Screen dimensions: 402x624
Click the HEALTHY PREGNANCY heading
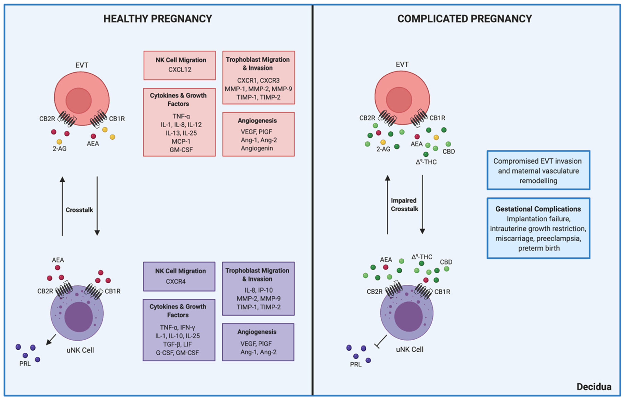click(x=158, y=19)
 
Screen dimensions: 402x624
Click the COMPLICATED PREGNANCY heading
click(x=464, y=19)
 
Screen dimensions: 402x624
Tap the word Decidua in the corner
click(x=594, y=386)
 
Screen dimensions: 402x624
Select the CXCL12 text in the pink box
click(x=180, y=70)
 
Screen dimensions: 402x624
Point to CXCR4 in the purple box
click(x=176, y=281)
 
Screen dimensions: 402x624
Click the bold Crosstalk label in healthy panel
click(x=79, y=210)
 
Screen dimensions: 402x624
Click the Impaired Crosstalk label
click(x=404, y=205)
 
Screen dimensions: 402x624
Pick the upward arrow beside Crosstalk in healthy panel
click(x=62, y=206)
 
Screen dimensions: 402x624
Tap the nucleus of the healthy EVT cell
click(x=79, y=100)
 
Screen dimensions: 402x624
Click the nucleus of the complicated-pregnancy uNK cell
click(x=408, y=316)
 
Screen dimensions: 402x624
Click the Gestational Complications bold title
click(x=538, y=209)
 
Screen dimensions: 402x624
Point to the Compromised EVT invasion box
click(x=538, y=171)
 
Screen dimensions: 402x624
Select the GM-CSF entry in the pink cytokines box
click(x=181, y=150)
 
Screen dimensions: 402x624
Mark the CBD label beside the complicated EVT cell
click(x=448, y=151)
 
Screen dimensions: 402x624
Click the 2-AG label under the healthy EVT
click(x=60, y=149)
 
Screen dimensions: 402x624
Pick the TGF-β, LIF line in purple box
click(x=177, y=344)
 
